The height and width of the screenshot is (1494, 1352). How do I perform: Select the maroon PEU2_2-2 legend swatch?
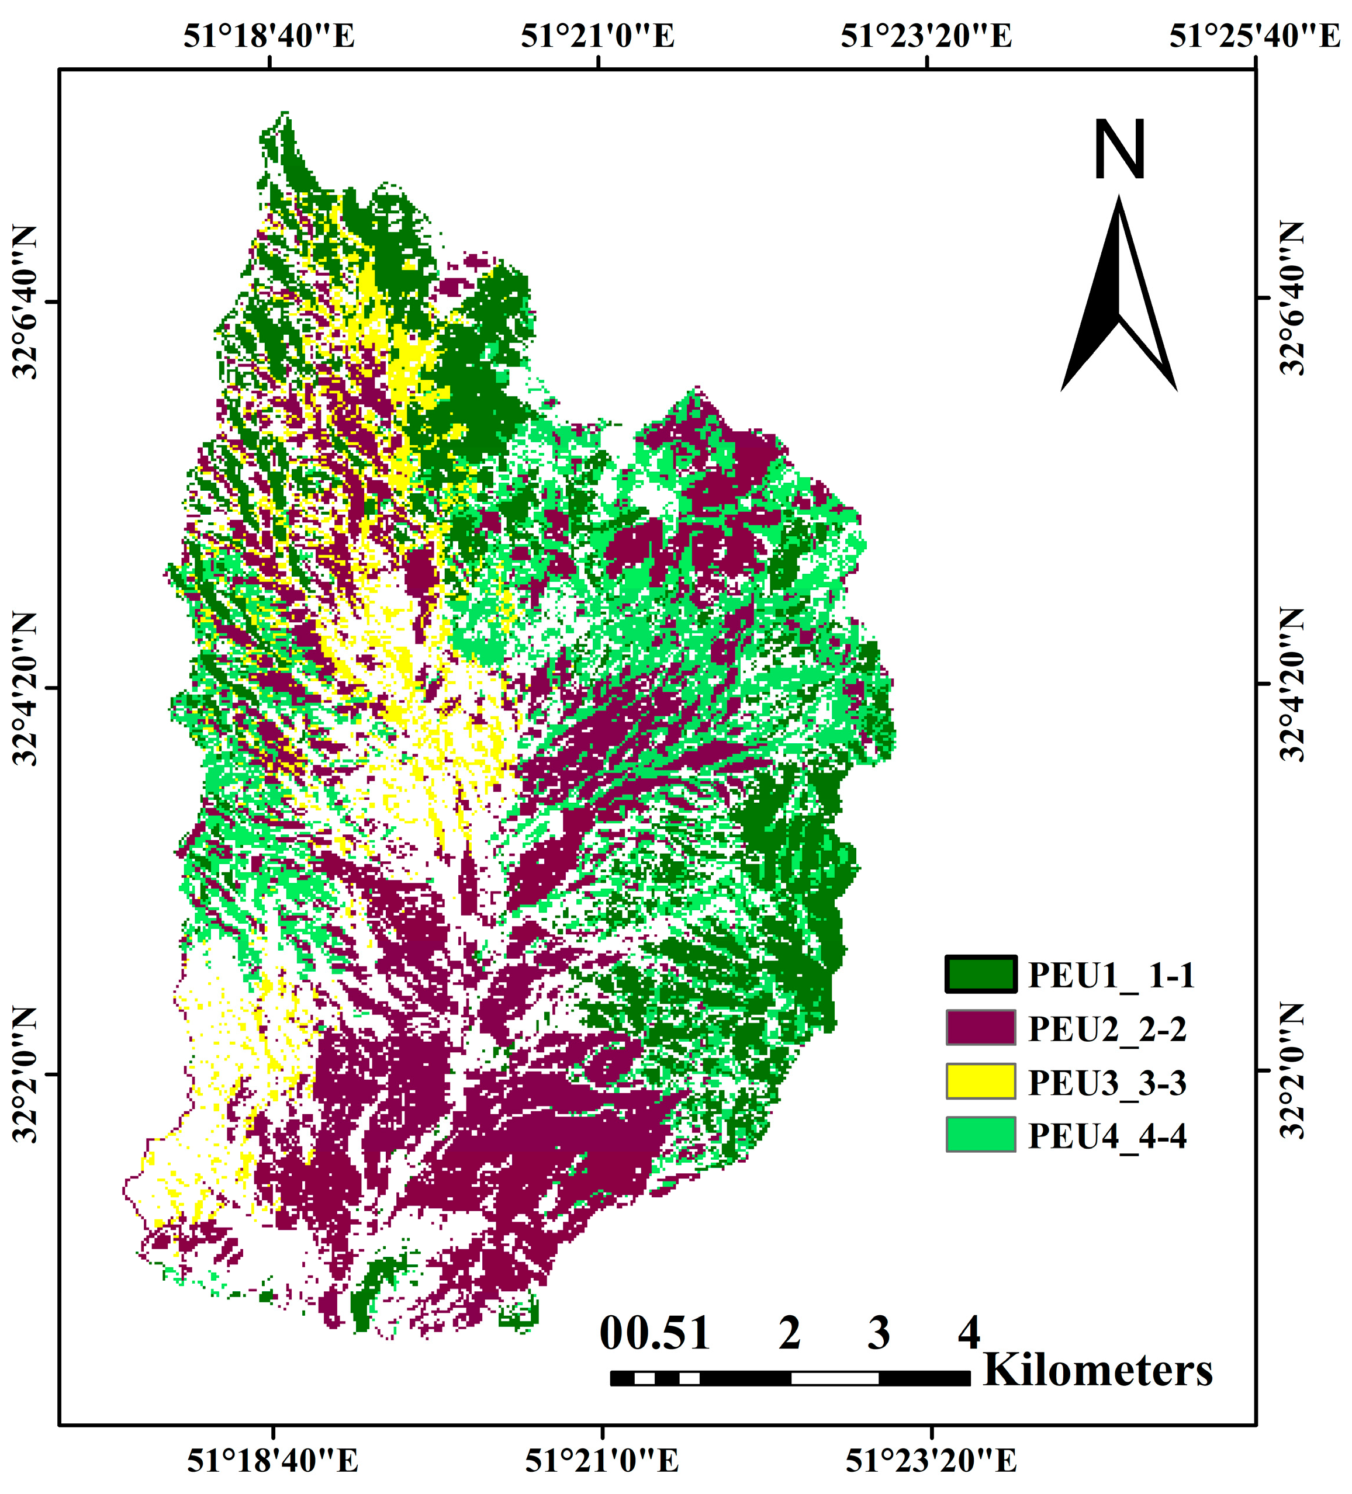980,1028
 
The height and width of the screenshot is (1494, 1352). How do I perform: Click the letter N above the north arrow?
1119,150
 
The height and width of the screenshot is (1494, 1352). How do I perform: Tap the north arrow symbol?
1119,296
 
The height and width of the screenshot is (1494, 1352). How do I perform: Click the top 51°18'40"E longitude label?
269,35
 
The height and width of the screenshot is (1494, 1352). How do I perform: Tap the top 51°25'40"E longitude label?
1255,35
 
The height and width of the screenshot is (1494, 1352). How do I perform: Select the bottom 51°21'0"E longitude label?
602,1461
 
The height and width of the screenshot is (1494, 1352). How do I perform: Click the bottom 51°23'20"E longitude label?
931,1461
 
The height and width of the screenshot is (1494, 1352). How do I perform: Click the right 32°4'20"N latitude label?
1292,685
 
